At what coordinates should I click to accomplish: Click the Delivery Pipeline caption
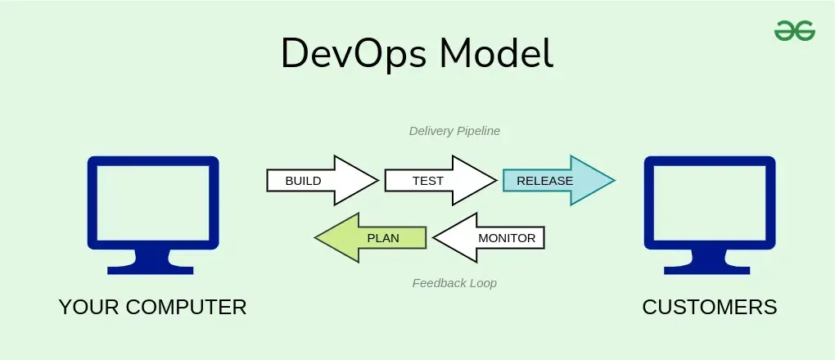[x=454, y=130]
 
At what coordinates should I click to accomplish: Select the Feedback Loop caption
[x=454, y=283]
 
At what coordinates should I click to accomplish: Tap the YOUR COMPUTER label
[x=152, y=307]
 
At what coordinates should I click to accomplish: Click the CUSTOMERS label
[x=710, y=307]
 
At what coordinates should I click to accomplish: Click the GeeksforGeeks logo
[x=794, y=31]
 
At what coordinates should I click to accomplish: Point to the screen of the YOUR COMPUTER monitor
[x=153, y=202]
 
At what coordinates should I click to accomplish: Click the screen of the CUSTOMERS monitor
[x=709, y=202]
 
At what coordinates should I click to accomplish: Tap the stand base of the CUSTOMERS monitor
[x=709, y=268]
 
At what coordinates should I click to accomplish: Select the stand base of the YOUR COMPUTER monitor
[x=153, y=268]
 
